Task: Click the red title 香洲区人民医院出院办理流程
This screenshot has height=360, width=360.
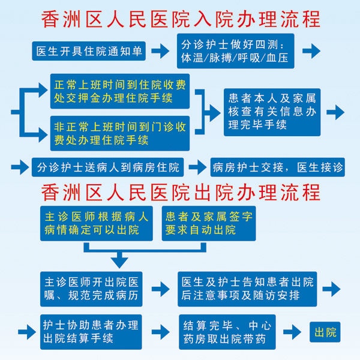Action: pos(180,192)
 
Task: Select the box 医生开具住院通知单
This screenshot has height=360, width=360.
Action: pos(89,51)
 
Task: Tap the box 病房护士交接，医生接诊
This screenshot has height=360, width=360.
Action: pos(278,167)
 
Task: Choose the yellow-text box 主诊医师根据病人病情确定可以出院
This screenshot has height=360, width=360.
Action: pos(97,223)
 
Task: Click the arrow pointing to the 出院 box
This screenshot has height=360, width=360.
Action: pos(292,332)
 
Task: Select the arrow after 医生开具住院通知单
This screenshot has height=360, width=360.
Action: pos(160,51)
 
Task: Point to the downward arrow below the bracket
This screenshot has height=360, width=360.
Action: pos(120,259)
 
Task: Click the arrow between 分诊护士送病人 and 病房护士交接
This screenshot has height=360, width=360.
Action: pos(197,167)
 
